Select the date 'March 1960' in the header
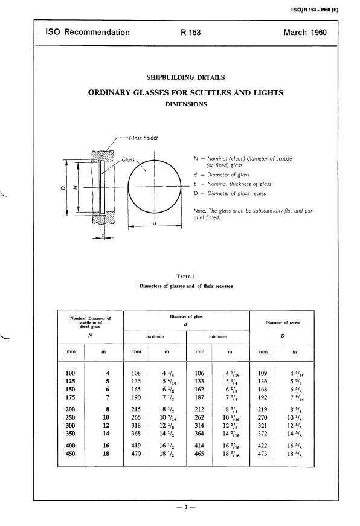(x=304, y=33)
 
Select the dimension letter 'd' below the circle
(x=155, y=223)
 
